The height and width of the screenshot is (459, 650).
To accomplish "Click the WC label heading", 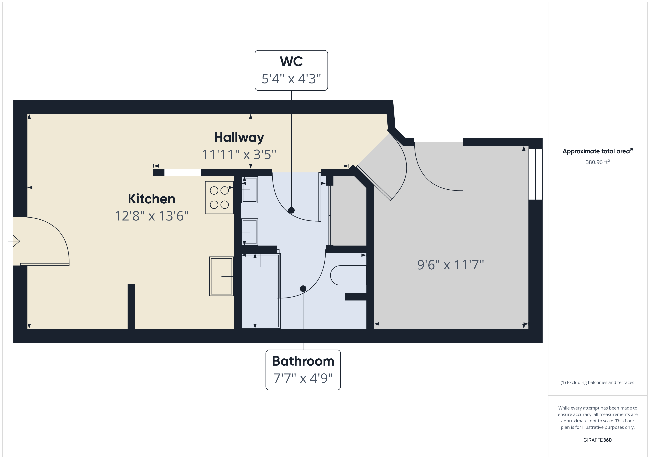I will [291, 61].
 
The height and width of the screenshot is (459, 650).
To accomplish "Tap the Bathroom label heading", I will [303, 361].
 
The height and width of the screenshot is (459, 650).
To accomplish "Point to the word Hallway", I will [239, 137].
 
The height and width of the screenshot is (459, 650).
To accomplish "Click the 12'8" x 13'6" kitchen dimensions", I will [151, 216].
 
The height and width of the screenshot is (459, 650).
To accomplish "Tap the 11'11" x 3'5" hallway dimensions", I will [239, 155].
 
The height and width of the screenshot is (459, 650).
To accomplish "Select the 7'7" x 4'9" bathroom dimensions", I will [303, 378].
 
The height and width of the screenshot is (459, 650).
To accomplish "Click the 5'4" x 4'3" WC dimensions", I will [291, 79].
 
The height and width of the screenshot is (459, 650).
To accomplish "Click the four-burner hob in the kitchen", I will [219, 198].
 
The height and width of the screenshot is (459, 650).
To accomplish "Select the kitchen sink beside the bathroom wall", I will [221, 276].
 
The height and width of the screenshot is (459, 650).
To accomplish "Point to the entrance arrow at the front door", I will [14, 241].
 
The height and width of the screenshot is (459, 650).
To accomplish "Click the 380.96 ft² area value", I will [597, 162].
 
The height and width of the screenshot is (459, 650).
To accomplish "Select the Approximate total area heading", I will [597, 151].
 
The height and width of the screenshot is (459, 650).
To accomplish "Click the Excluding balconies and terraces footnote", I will [597, 382].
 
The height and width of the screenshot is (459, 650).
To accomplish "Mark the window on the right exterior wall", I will [535, 174].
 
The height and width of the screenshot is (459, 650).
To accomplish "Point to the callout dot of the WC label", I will [291, 210].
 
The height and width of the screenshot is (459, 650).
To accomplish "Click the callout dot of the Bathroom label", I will [303, 289].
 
